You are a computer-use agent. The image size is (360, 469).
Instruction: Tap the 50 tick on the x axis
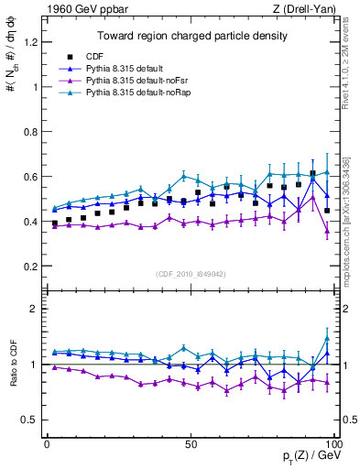191,444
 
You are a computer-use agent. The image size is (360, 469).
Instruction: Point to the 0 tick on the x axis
47,444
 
